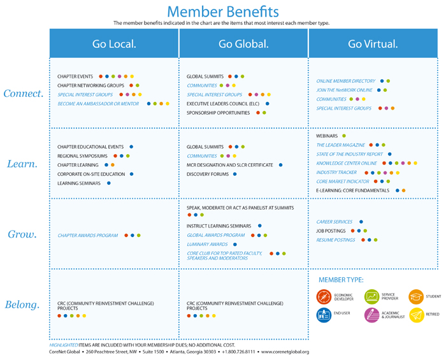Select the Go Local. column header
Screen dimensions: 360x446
click(115, 44)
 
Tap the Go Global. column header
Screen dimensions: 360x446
click(243, 44)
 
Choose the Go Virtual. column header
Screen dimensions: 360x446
click(373, 44)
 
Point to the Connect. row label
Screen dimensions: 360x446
click(23, 93)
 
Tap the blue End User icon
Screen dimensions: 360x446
click(324, 315)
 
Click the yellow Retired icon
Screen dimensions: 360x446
click(416, 315)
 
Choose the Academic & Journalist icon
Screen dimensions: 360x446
click(371, 315)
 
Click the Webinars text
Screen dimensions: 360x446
click(327, 136)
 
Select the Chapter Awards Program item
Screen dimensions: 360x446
click(88, 236)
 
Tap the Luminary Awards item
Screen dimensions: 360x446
click(208, 244)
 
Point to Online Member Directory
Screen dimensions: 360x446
click(346, 82)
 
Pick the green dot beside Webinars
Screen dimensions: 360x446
click(343, 136)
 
